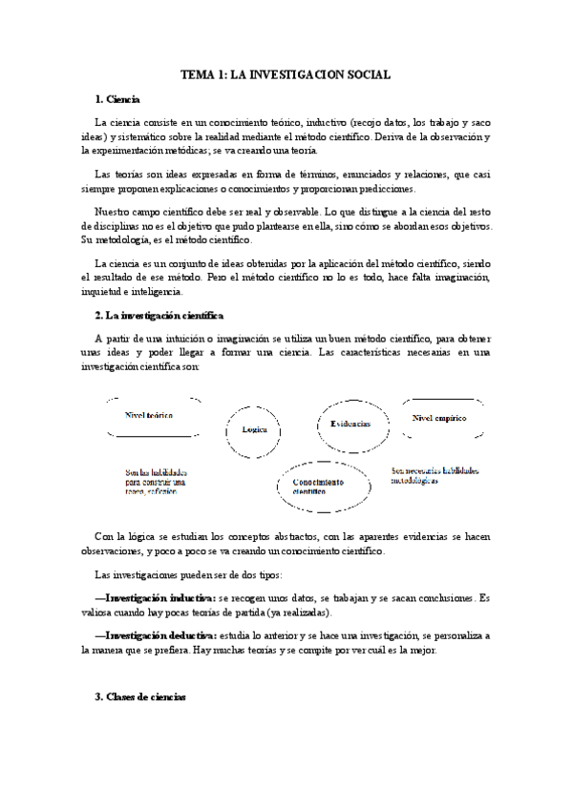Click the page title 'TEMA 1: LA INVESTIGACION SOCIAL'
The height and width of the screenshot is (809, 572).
286,73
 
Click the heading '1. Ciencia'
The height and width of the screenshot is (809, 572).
117,98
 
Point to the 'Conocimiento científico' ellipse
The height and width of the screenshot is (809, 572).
317,487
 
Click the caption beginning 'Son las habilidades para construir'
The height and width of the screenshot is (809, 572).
156,482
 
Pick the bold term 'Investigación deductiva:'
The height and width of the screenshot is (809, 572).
160,634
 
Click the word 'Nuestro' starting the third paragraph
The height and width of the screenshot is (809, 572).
114,210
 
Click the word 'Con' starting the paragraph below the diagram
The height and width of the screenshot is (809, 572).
105,536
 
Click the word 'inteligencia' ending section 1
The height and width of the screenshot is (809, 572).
165,291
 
